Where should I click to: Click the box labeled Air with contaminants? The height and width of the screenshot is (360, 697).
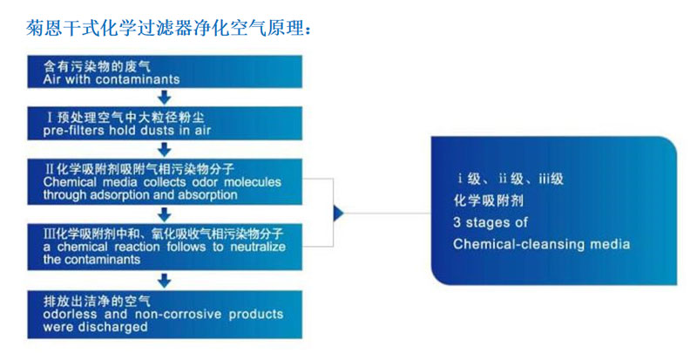165,72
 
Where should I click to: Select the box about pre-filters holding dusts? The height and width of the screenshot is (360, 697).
165,123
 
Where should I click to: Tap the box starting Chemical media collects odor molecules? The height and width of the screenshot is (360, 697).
165,180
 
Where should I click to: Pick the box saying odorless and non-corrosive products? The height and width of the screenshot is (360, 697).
165,314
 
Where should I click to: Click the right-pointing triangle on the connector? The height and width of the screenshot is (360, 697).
339,213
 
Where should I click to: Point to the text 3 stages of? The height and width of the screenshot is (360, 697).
491,222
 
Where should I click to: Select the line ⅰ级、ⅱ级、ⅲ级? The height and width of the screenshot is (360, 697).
511,180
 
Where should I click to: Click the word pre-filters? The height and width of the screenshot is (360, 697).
73,130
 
